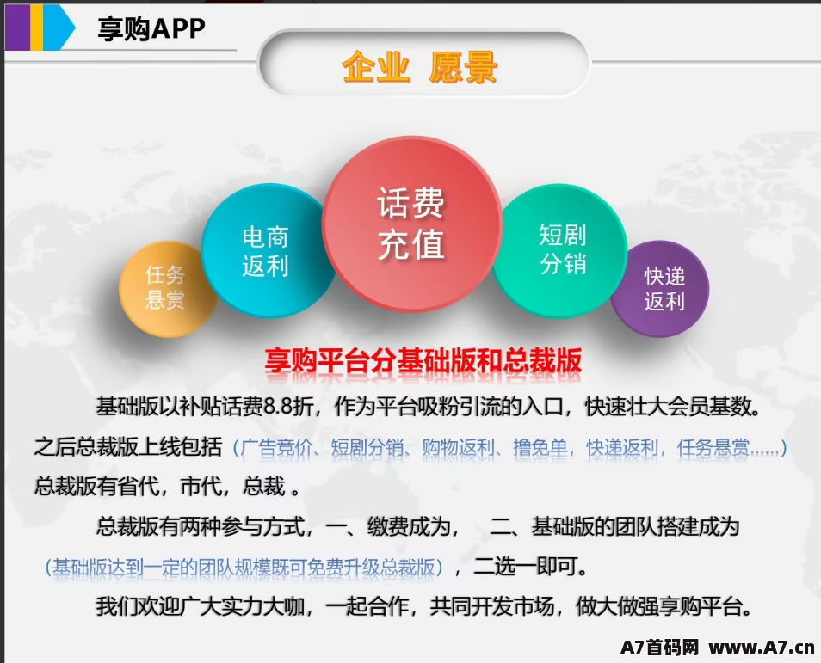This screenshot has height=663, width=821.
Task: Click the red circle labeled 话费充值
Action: point(412,224)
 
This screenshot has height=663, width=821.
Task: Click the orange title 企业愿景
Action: point(419,67)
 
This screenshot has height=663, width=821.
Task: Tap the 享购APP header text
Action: point(151,28)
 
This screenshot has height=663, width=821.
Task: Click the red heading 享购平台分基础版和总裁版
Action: point(423,360)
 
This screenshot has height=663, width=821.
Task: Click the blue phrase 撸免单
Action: point(540,448)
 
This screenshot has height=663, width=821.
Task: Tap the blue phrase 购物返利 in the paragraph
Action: point(459,448)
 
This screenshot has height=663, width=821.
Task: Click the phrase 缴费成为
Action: point(410,526)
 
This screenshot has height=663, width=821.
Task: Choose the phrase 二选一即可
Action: point(530,566)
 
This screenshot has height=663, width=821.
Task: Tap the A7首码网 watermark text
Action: point(660,648)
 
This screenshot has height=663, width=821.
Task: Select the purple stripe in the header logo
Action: point(17,28)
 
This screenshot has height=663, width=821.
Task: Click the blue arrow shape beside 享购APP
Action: point(59,28)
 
